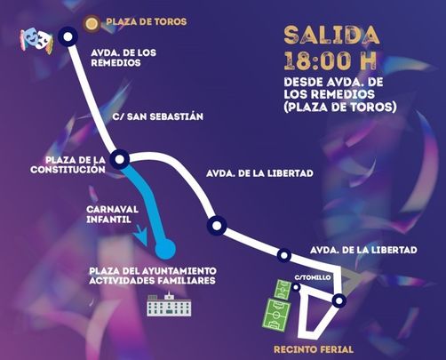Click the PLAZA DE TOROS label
tap(146, 21)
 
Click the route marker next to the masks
tap(67, 36)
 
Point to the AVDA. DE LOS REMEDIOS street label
tap(123, 58)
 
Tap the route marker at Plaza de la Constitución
tap(121, 160)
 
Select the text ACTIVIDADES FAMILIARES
tap(152, 282)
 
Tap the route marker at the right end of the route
tap(338, 301)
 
